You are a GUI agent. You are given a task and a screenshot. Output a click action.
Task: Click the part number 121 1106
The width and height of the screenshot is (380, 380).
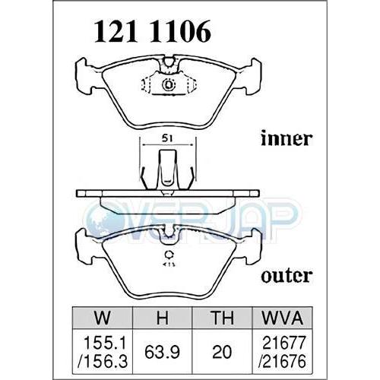click(x=152, y=31)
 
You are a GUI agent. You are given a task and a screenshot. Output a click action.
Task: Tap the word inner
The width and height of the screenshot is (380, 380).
click(x=286, y=138)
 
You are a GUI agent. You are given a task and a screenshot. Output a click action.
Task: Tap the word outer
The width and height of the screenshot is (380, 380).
click(x=286, y=276)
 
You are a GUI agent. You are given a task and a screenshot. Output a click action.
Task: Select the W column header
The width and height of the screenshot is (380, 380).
click(x=103, y=318)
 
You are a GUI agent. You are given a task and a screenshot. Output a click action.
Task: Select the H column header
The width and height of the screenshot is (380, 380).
click(x=163, y=318)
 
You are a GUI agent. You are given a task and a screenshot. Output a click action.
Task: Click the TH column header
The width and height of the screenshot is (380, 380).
click(x=222, y=318)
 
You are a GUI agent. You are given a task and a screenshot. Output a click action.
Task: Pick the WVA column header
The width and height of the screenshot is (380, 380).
click(x=282, y=318)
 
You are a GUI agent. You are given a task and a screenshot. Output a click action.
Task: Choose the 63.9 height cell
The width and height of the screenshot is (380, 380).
click(x=163, y=353)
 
